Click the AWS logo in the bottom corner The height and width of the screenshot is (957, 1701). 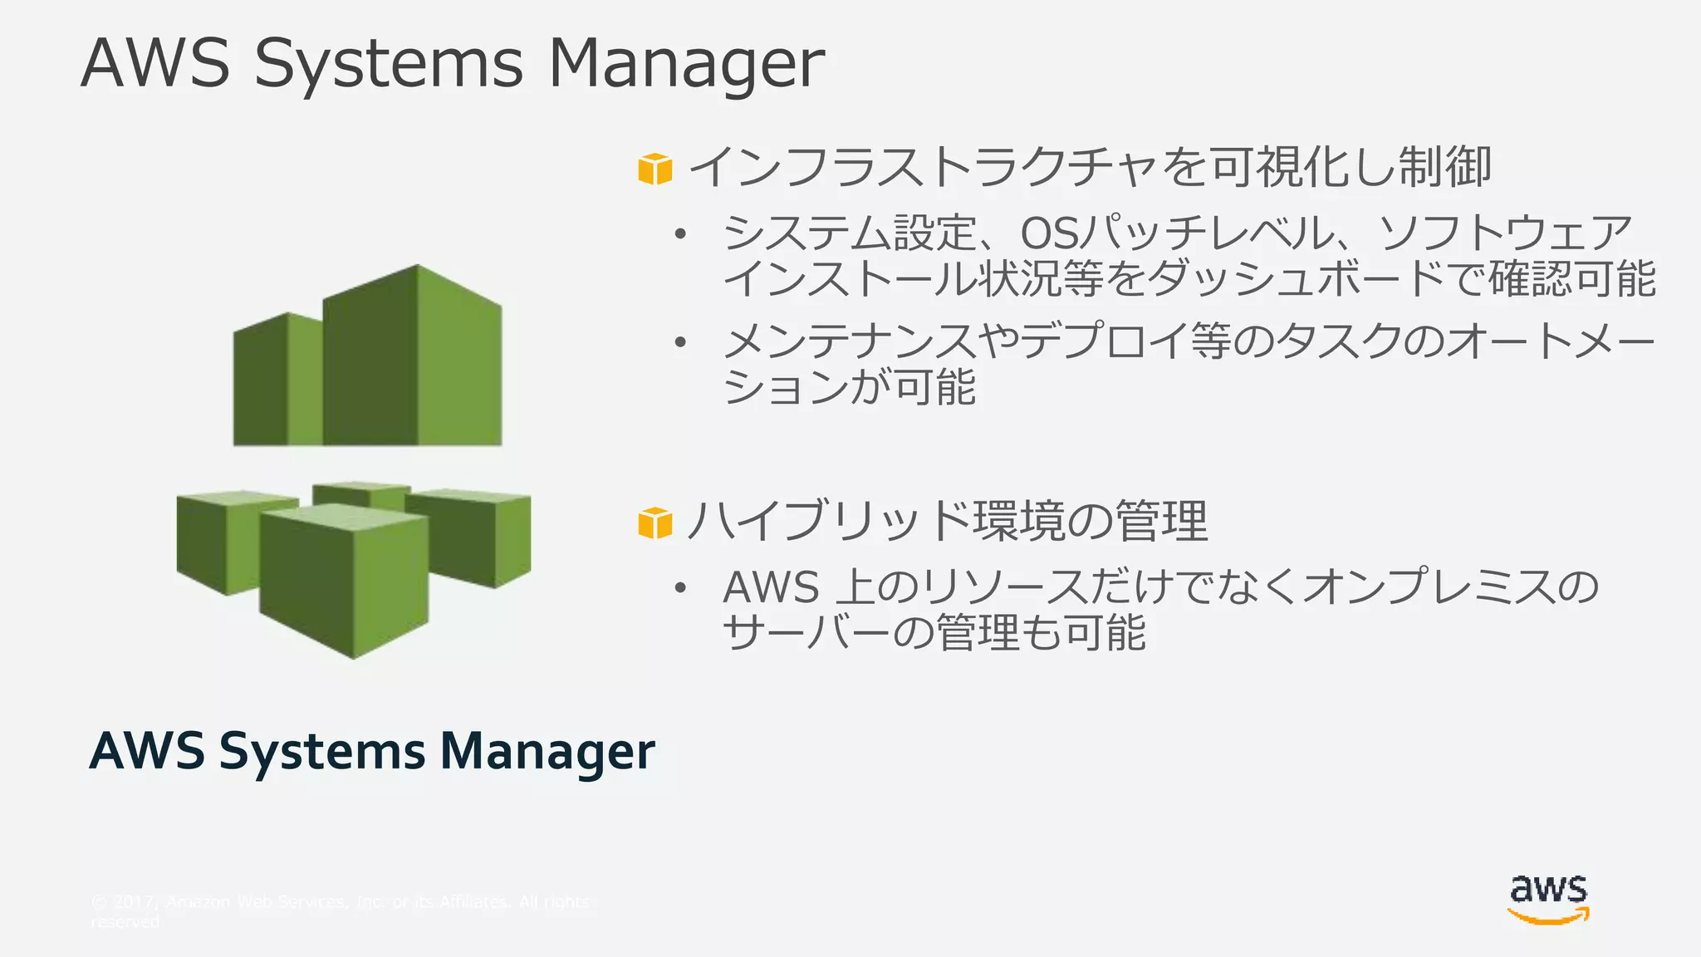coord(1548,900)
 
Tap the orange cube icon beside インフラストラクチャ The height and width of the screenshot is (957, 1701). coord(654,169)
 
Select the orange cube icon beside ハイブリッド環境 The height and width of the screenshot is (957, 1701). coord(654,523)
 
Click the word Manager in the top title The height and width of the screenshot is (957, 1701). coord(686,63)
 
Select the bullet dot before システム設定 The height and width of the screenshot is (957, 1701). coord(680,235)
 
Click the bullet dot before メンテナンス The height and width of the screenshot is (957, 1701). coord(680,342)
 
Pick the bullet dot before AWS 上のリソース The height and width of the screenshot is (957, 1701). coord(680,588)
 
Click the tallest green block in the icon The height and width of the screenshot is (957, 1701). coord(415,357)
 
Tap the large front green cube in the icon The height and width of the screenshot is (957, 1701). coord(344,582)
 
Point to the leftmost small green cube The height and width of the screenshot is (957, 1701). coord(224,540)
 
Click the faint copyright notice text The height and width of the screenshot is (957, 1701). coord(341,910)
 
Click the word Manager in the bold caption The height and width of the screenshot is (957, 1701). coord(547,752)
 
